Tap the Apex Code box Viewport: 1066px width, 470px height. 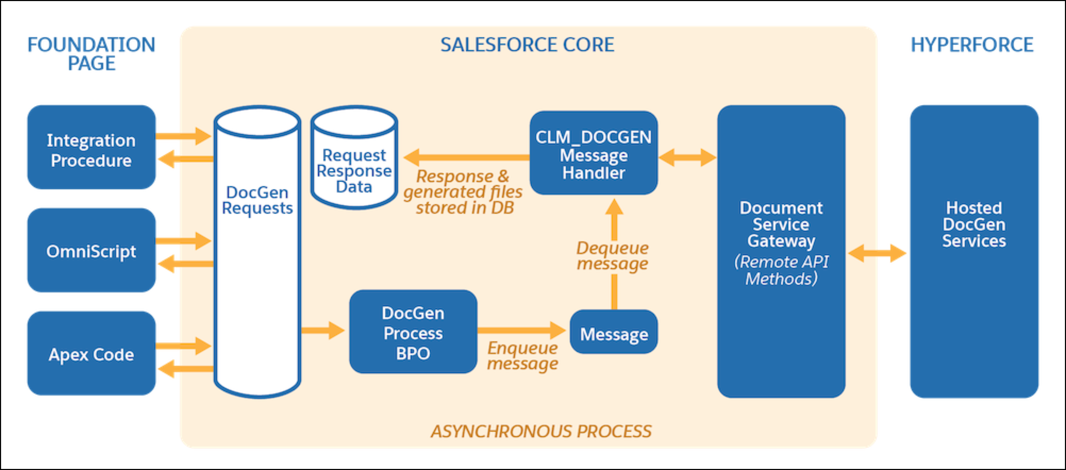coord(91,354)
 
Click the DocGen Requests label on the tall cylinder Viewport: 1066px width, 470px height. coord(257,200)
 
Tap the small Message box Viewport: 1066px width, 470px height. coord(614,334)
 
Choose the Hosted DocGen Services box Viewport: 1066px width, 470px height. coord(974,224)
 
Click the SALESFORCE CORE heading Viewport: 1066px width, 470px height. coord(527,45)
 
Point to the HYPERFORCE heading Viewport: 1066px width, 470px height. coord(972,45)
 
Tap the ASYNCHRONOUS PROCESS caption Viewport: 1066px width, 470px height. coord(541,431)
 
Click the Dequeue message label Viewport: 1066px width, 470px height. coord(612,255)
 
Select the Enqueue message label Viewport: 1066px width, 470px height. coord(522,356)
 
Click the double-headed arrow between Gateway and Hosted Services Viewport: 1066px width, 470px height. coord(877,252)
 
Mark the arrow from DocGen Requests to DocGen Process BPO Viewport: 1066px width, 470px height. coord(323,330)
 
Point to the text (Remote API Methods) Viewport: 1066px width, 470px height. coord(781,270)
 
